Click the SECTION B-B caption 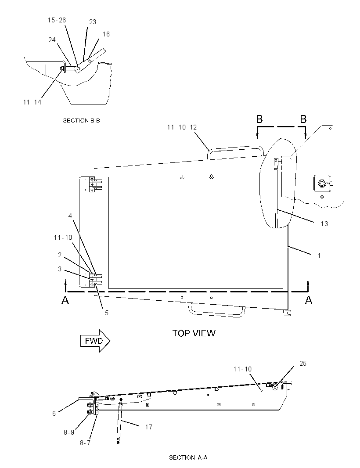coord(81,121)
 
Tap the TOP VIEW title coord(194,333)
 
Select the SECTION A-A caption coord(188,457)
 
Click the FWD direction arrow coord(95,341)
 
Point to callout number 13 coord(324,224)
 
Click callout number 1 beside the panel coord(319,255)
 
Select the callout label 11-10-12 coord(182,127)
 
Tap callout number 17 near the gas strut coord(149,427)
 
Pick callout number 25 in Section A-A coord(302,363)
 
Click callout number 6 coord(54,414)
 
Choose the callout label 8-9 coord(69,432)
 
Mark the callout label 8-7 coord(85,443)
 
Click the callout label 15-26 coord(57,20)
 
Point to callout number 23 coord(93,22)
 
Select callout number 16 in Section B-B coord(106,34)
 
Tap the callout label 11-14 coord(32,102)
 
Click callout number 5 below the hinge coord(107,313)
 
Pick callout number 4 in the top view coord(70,216)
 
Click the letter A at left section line coord(65,300)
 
